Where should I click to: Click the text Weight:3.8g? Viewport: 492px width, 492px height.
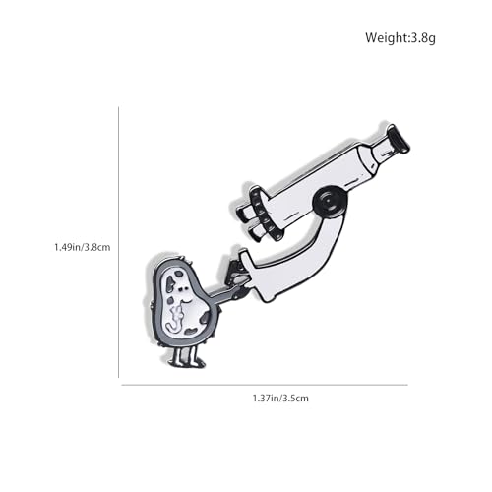coord(400,38)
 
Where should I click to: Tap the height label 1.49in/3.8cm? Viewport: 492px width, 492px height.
coord(83,247)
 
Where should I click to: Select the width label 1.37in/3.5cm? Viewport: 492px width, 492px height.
coord(280,399)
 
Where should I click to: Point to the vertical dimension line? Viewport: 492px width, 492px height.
coord(118,242)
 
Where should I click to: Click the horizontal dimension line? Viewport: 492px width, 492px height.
coord(265,385)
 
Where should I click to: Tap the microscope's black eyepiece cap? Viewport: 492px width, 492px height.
coord(398,140)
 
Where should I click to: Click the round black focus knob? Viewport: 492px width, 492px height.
coord(330,202)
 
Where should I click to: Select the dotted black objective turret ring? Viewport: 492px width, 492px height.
coord(264,214)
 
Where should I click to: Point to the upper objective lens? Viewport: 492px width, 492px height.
coord(247,214)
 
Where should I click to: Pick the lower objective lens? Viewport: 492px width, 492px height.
coord(258,232)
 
